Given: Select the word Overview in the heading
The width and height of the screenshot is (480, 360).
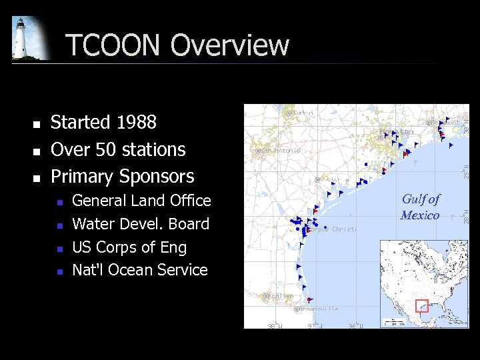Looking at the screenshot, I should (230, 45).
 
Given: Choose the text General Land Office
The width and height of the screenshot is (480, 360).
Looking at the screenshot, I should (141, 201).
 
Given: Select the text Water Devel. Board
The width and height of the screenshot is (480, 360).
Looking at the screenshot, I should (141, 224).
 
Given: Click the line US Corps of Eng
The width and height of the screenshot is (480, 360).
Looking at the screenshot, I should (129, 247).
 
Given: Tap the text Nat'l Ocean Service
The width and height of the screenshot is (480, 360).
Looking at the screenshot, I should (140, 270).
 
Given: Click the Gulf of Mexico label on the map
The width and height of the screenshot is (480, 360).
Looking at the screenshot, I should (420, 207).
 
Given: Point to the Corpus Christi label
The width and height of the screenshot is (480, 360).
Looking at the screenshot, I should (331, 229).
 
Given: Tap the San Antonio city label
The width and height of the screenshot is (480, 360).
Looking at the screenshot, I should (279, 151).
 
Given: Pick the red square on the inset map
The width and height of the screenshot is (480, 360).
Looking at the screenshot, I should (421, 306).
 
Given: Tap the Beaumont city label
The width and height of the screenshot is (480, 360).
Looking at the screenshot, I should (444, 122).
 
